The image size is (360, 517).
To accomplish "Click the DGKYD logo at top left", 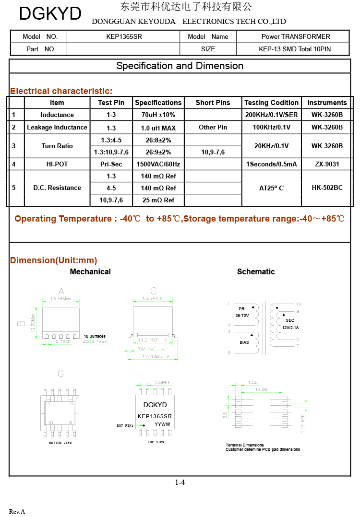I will tap(50, 14).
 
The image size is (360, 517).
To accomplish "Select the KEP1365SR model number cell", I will tap(124, 36).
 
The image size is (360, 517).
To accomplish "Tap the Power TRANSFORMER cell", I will tap(296, 36).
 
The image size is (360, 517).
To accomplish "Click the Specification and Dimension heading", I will tap(180, 66).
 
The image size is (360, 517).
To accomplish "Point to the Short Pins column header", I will tap(213, 103).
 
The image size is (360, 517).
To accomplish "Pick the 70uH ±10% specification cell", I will tap(158, 115).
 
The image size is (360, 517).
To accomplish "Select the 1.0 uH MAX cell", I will tap(158, 128).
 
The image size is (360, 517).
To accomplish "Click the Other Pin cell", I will tap(213, 128).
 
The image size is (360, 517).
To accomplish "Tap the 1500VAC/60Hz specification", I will tap(158, 164).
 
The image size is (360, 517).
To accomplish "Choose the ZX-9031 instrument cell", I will tap(327, 164).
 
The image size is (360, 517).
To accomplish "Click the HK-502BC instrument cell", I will tap(327, 188).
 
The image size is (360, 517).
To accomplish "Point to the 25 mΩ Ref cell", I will tap(158, 200).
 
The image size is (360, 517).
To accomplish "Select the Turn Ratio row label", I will tap(57, 146).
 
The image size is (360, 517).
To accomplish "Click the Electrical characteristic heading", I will tap(61, 91).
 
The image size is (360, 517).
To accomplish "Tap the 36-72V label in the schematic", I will tap(242, 316).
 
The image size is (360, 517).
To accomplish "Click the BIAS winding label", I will tap(244, 342).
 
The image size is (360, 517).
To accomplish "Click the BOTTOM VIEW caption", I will tap(60, 443).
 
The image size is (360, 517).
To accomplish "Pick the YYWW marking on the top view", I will tap(162, 424).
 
